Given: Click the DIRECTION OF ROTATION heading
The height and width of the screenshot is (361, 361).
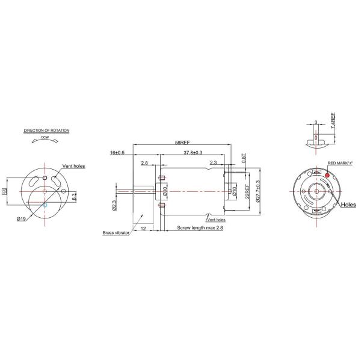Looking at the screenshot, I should pos(47,130).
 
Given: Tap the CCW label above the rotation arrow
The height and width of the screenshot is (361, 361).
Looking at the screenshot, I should pos(45,137).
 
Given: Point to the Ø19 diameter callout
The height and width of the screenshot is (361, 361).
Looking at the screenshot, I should pos(21,217).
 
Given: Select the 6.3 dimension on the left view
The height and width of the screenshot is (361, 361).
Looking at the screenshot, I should pos(73,196).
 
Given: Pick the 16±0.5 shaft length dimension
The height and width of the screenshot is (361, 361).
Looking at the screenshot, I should pos(117,153).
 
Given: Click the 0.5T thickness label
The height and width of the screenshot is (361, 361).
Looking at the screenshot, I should pos(244,158).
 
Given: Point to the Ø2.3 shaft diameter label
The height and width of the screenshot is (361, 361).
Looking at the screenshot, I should pos(114,206).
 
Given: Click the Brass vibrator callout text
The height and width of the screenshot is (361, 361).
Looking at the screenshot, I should pos(116,233).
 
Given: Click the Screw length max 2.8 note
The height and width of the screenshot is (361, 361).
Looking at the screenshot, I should pos(199,228).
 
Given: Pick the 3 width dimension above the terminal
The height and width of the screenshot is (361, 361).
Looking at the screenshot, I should pos(315,122).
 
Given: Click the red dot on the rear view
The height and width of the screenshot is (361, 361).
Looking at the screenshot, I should pos(327,175).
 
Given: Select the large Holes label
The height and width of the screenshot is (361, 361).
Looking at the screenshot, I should pos(348,205).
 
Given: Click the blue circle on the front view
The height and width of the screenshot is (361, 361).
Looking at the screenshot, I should pos(45,205).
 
